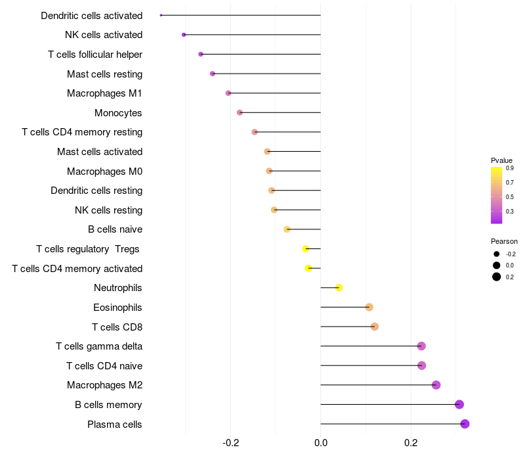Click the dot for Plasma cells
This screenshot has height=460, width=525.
pos(465,424)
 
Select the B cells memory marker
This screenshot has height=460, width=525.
pos(459,404)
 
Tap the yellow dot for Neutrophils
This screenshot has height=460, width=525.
pos(339,288)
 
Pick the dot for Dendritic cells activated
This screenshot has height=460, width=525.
pos(161,15)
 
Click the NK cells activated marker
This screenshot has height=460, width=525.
pos(184,34)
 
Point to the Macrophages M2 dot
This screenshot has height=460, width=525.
pos(436,385)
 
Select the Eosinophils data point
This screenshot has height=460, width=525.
pos(369,307)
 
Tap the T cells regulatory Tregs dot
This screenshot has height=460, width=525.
pos(305,249)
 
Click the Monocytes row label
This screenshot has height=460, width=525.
pos(118,113)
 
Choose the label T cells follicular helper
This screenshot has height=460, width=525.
pos(95,54)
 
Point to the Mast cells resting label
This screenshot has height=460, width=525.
pos(104,74)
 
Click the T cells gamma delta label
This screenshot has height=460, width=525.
pos(99,346)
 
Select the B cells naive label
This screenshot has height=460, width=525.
pos(115,229)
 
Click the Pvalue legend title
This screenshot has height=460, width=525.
pos(501,160)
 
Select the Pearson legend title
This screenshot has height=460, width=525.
pos(504,241)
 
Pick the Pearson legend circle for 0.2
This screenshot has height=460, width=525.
pos(497,277)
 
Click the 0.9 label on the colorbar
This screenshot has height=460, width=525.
pos(509,168)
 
